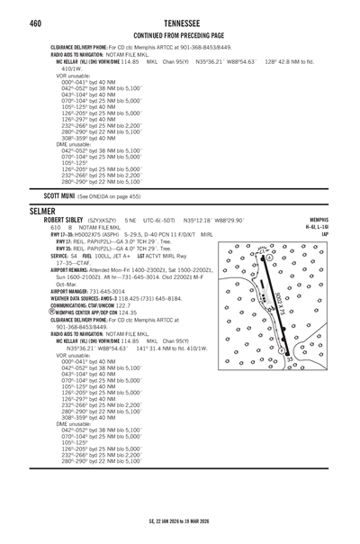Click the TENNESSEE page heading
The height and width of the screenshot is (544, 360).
(180, 22)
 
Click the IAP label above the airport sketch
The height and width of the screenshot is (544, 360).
(349, 234)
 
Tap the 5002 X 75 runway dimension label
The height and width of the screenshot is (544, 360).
(282, 304)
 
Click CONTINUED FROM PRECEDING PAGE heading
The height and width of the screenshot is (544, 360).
(180, 35)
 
